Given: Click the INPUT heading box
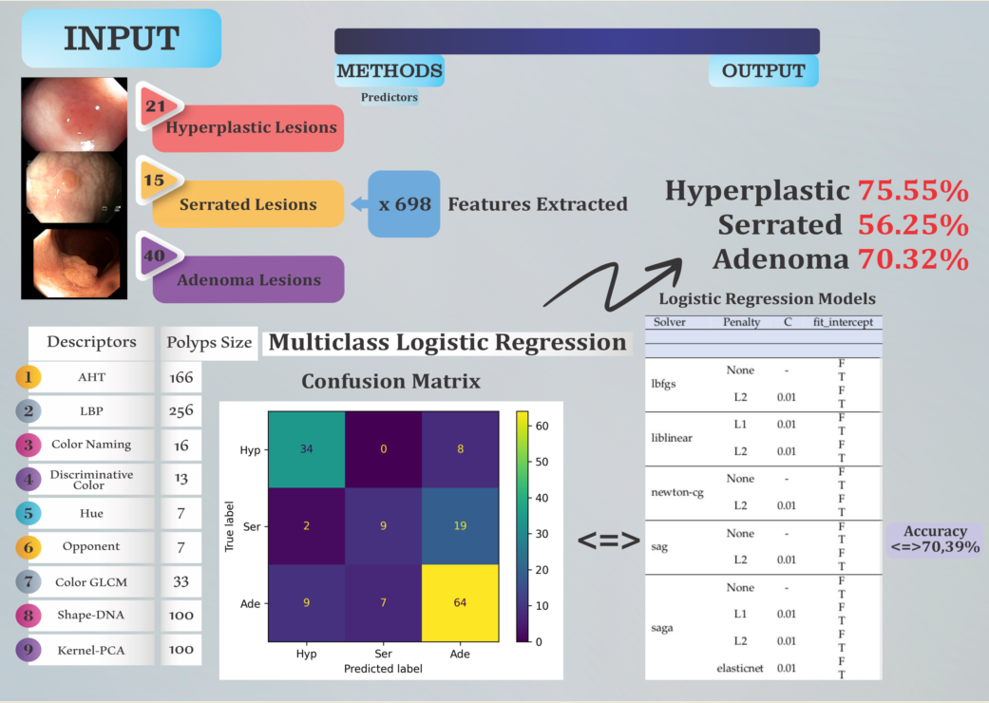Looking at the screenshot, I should click(121, 38).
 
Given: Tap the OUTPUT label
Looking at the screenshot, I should click(763, 71).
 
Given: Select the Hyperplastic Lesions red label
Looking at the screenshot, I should click(252, 127).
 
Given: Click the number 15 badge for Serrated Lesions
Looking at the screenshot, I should click(154, 180).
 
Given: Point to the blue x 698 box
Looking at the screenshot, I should click(404, 204).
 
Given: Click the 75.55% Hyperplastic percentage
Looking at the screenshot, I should click(913, 190).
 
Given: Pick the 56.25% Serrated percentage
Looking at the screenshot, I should click(913, 225).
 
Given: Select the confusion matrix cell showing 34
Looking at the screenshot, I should click(306, 449).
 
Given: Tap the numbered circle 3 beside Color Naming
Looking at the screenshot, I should click(29, 445).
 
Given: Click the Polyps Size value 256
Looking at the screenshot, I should click(181, 410).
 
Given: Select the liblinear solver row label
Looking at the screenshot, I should click(673, 437).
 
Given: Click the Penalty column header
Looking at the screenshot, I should click(741, 323).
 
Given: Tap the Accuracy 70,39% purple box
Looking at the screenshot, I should click(935, 540).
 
